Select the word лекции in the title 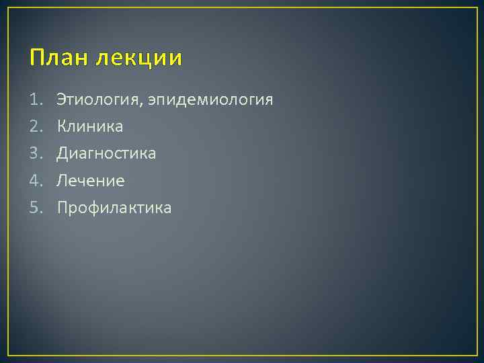point(138,59)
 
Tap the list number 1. point(34,100)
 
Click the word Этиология point(99,100)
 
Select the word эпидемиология point(210,101)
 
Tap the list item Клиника point(90,127)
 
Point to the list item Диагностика point(106,154)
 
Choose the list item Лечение point(91,181)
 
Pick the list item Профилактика point(114,208)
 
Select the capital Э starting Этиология point(62,100)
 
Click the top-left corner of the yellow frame point(7,7)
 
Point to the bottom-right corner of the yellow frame point(477,355)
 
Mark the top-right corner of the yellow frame point(477,7)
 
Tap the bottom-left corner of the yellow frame point(7,355)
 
